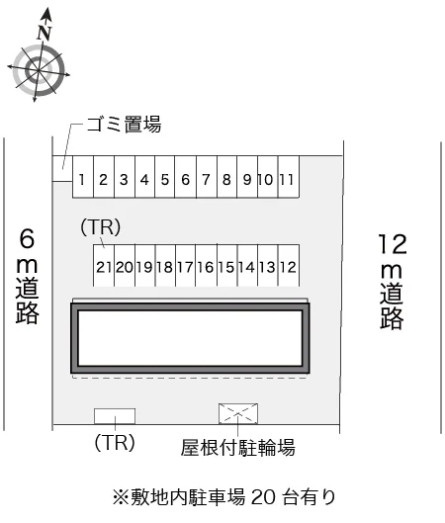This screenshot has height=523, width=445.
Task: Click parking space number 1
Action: click(x=83, y=177)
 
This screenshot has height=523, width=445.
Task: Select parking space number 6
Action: click(x=186, y=177)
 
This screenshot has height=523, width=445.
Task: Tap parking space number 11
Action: click(x=289, y=177)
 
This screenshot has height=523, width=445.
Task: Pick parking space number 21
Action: click(x=104, y=266)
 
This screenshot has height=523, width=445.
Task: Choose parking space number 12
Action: click(x=289, y=266)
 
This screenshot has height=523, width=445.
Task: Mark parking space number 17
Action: click(x=186, y=266)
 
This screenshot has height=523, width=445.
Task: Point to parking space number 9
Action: click(x=247, y=177)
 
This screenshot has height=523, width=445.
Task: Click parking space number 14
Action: click(x=247, y=266)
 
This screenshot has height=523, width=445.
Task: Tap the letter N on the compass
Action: click(x=44, y=33)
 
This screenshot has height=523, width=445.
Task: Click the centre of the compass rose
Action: click(x=39, y=70)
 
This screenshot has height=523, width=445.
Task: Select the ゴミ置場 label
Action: click(x=124, y=125)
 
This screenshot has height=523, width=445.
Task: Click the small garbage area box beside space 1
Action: click(x=62, y=169)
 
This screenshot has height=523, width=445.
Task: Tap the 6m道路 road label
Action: click(x=28, y=276)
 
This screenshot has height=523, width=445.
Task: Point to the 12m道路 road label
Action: click(x=393, y=282)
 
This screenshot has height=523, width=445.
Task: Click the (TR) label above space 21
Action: click(x=101, y=227)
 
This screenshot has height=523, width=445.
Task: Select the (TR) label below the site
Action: click(x=115, y=443)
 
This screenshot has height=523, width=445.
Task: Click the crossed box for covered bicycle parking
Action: click(x=238, y=413)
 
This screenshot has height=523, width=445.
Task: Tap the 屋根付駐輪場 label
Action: click(x=238, y=448)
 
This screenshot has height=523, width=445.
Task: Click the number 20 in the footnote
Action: click(x=263, y=497)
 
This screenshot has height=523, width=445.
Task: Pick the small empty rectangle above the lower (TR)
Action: click(x=115, y=416)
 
